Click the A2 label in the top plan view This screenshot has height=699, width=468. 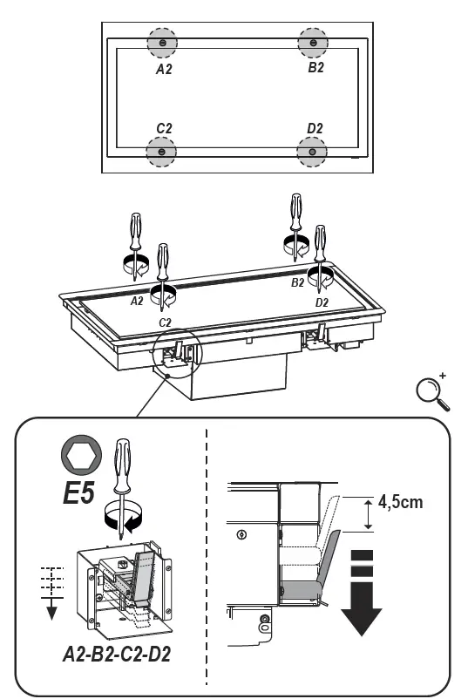pyautogui.click(x=163, y=68)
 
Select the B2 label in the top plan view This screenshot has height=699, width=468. pyautogui.click(x=315, y=68)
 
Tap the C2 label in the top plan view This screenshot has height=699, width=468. pyautogui.click(x=163, y=128)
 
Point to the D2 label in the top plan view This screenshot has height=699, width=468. pyautogui.click(x=315, y=128)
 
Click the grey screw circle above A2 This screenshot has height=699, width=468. pyautogui.click(x=161, y=43)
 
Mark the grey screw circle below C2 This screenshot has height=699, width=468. pyautogui.click(x=161, y=153)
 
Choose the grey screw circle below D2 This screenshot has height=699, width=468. pyautogui.click(x=312, y=153)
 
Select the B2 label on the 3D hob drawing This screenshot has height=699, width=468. pyautogui.click(x=297, y=282)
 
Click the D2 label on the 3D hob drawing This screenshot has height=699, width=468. pyautogui.click(x=322, y=302)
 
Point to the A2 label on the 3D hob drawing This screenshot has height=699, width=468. pyautogui.click(x=136, y=301)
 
